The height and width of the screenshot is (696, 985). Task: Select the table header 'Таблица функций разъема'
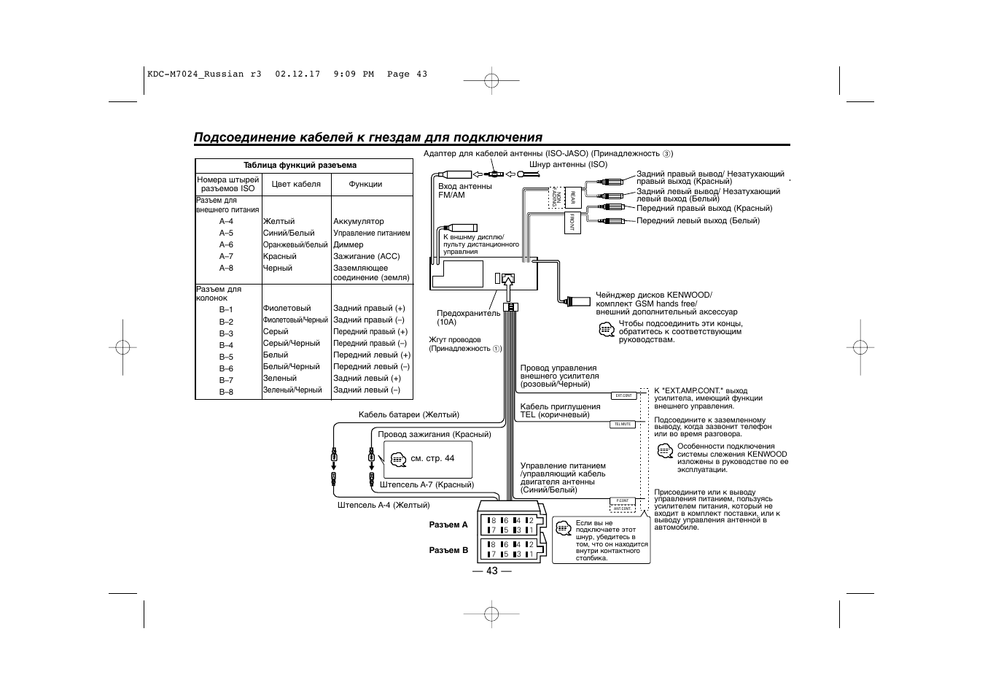[x=300, y=165]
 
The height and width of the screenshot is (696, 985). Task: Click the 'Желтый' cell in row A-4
[x=279, y=221]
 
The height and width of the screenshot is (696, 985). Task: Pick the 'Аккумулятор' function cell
[x=358, y=221]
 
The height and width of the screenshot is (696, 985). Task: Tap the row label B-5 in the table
[x=226, y=357]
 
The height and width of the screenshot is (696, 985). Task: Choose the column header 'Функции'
[x=365, y=184]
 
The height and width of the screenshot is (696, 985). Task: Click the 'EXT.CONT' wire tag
[x=623, y=395]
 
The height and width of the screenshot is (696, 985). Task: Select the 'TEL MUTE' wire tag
[x=623, y=424]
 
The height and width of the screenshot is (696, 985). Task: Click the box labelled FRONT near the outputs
[x=572, y=222]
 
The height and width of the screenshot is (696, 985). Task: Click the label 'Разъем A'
[x=448, y=525]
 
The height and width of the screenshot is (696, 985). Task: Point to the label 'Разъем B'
[x=448, y=550]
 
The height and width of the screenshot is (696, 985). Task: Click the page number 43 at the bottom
[x=491, y=571]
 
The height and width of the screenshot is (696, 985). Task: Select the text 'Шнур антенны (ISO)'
[x=568, y=164]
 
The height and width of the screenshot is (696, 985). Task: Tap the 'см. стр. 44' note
[x=432, y=458]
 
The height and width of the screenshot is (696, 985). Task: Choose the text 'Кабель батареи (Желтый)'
[x=408, y=414]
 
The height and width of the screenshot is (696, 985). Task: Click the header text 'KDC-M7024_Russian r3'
[x=204, y=74]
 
